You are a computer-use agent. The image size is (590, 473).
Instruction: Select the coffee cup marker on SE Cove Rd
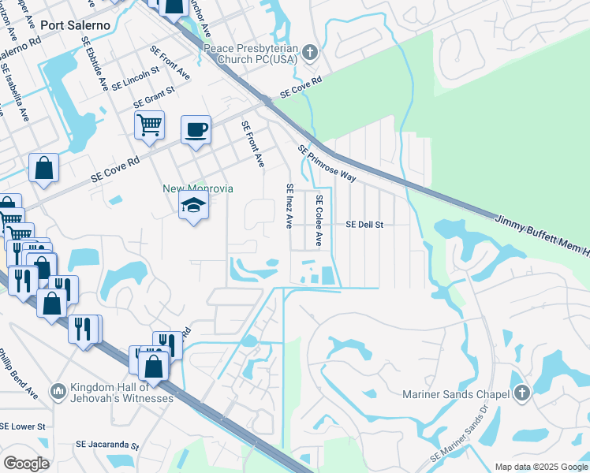pos(196,129)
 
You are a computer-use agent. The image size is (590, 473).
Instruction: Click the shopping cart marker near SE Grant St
pos(149,125)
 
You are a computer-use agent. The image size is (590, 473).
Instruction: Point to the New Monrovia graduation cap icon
pos(193,208)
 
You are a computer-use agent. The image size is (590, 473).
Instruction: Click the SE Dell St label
pos(364,225)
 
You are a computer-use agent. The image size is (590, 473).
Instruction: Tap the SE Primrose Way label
pos(327,162)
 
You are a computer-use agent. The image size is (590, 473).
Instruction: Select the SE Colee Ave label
pos(319,220)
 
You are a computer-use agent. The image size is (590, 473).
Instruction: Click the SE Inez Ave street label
pos(289,206)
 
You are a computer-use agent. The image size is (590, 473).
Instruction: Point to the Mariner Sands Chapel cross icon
pos(521,393)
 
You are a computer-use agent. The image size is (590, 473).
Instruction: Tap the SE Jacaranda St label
pos(106,445)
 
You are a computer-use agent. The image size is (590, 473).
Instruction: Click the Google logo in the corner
pos(26,463)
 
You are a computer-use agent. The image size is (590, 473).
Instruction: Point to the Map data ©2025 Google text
pos(541,467)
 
